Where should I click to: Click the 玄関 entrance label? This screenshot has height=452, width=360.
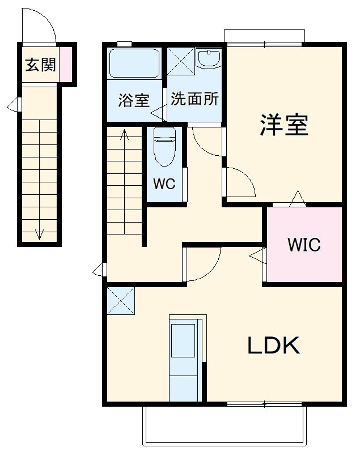pos(40,65)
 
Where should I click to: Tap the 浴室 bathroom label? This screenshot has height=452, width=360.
pos(133,101)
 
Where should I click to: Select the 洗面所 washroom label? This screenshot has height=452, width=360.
pos(194,100)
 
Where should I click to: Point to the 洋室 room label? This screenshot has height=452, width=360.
pos(284,125)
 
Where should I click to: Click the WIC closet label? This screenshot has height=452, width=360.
pos(304,245)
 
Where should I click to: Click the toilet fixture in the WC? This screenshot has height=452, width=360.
pos(164,146)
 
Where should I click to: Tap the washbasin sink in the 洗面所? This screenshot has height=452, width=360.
pos(210,59)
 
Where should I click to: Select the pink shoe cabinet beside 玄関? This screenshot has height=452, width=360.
pos(66,63)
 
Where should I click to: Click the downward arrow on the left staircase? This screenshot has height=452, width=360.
pos(40,233)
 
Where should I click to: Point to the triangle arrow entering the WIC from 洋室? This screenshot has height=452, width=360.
pos(297,199)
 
